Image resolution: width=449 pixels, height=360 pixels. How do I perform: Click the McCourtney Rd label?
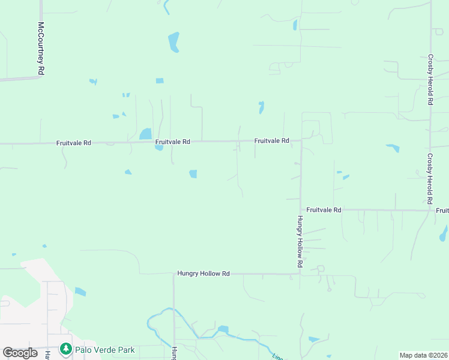pyautogui.click(x=41, y=48)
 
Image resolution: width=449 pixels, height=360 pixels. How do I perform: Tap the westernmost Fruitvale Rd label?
pyautogui.click(x=73, y=143)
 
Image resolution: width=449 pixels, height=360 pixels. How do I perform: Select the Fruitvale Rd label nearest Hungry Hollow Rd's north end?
pyautogui.click(x=271, y=141)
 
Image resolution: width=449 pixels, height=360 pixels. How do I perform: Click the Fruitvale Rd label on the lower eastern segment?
pyautogui.click(x=324, y=210)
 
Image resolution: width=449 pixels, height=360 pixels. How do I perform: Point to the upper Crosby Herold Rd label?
pyautogui.click(x=430, y=80)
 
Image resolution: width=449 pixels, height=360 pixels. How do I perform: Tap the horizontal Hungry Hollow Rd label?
pyautogui.click(x=203, y=274)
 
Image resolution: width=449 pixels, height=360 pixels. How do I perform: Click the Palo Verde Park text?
pyautogui.click(x=104, y=349)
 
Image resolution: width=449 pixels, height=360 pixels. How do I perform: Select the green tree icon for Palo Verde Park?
pyautogui.click(x=65, y=349)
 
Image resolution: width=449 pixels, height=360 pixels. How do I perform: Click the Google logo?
pyautogui.click(x=20, y=353)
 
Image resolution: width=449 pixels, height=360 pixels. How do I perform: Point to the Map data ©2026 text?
pyautogui.click(x=423, y=355)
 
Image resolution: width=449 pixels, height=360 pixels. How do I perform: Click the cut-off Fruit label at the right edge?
pyautogui.click(x=442, y=211)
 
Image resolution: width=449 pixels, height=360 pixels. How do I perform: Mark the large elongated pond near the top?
pyautogui.click(x=173, y=42)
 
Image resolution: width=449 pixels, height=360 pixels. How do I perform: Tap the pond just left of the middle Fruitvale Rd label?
pyautogui.click(x=145, y=134)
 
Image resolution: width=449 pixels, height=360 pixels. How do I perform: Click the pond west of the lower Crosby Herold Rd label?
pyautogui.click(x=393, y=148)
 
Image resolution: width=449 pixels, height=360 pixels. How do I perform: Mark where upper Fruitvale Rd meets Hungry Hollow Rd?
pyautogui.click(x=301, y=140)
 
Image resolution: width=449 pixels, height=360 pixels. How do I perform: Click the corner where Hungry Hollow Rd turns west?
pyautogui.click(x=300, y=274)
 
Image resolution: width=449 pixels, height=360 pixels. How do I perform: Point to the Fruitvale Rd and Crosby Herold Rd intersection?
pyautogui.click(x=430, y=210)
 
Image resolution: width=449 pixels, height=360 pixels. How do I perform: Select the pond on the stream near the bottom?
pyautogui.click(x=223, y=329)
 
